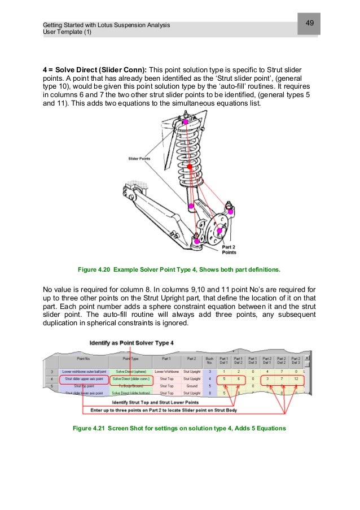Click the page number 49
(309, 23)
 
